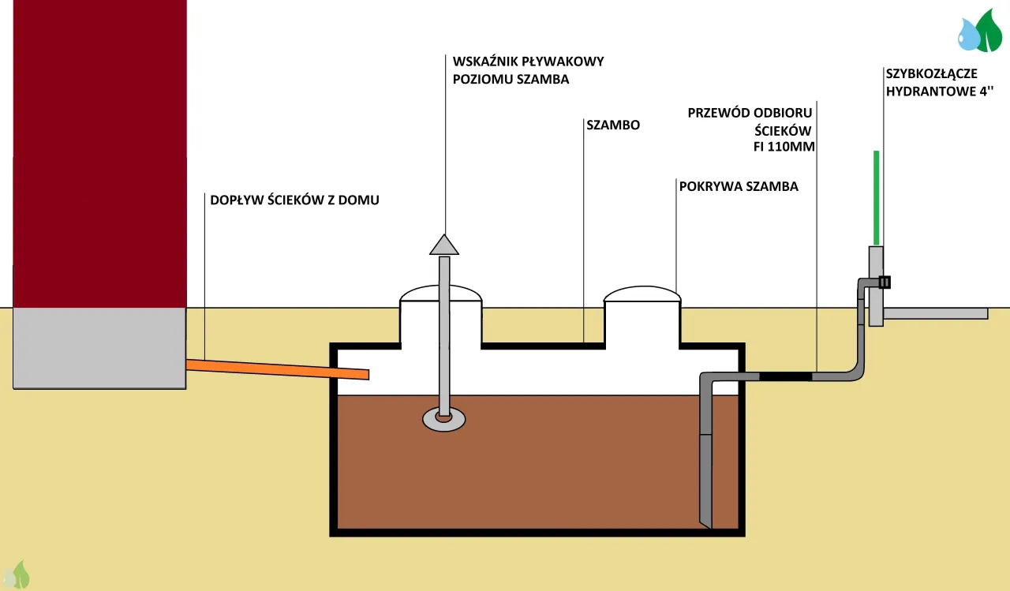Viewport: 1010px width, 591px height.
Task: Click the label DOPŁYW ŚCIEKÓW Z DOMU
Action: pyautogui.click(x=294, y=200)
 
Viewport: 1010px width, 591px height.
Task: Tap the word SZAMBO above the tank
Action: pyautogui.click(x=613, y=125)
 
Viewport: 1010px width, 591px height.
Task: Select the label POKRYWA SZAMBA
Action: pyautogui.click(x=739, y=187)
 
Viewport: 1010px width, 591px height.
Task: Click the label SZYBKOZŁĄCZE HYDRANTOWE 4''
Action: pyautogui.click(x=931, y=81)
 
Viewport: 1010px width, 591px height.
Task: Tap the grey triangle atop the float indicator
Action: pyautogui.click(x=444, y=245)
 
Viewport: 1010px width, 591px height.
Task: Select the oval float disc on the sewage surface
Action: pyautogui.click(x=444, y=419)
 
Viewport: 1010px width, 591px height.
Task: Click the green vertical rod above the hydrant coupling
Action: pyautogui.click(x=876, y=197)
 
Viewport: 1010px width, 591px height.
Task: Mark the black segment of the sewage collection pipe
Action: pyautogui.click(x=785, y=376)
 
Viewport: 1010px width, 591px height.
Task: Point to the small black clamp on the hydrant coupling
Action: pyautogui.click(x=885, y=282)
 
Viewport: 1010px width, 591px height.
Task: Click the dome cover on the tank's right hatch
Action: pyautogui.click(x=642, y=294)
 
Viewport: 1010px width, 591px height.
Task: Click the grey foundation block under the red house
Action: pyautogui.click(x=99, y=347)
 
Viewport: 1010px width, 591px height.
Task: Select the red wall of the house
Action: pyautogui.click(x=99, y=150)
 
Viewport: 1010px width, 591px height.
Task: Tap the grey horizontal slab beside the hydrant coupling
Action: pyautogui.click(x=935, y=313)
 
